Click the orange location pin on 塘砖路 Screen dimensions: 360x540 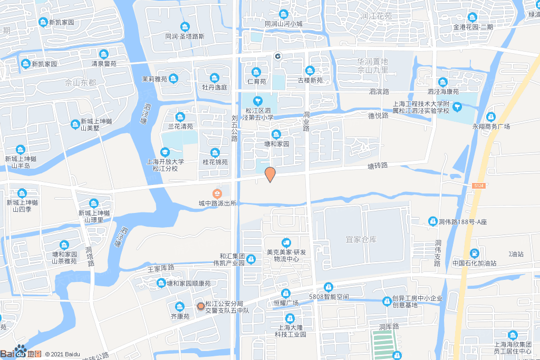coord(270,174)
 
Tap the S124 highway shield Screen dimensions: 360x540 coord(478,187)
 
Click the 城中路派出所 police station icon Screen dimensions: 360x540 coord(217,193)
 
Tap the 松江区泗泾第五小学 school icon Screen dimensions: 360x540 coord(258,101)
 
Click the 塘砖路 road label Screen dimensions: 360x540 coord(377,166)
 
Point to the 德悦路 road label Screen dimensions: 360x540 coord(378,115)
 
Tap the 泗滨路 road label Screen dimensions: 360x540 coord(379,91)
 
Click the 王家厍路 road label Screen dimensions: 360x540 coord(161,268)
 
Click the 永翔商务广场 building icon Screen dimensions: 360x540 coord(491,116)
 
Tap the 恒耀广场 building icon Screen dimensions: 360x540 coord(286,293)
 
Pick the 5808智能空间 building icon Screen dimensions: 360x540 coord(329,287)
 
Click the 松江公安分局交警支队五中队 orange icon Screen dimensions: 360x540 coord(200,306)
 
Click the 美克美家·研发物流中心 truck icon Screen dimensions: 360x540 coord(286,242)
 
